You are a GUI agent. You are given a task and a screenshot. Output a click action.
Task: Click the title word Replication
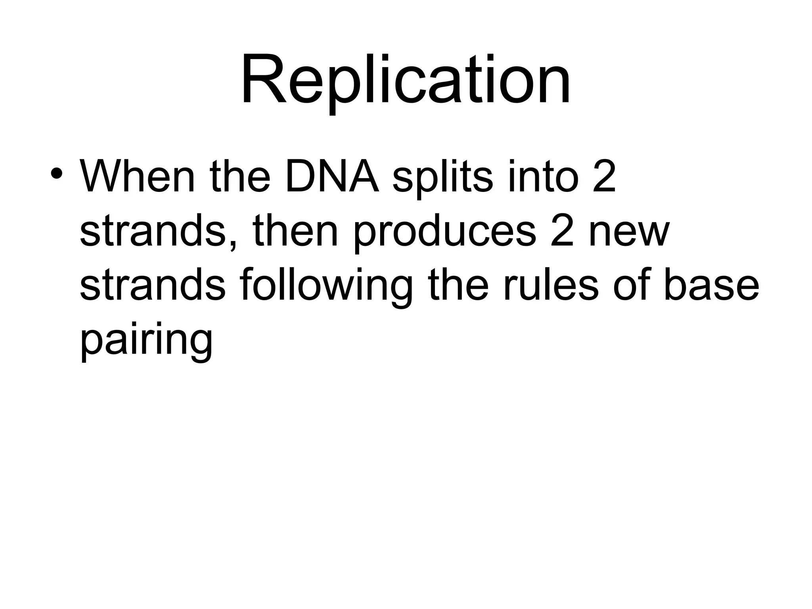pyautogui.click(x=406, y=81)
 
